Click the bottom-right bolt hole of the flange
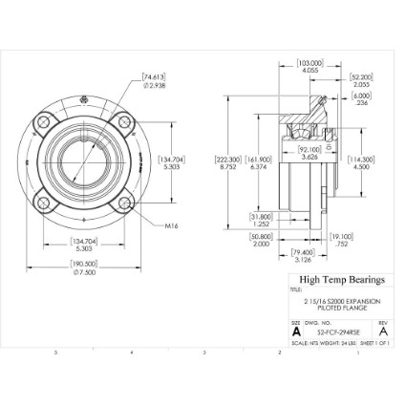pyautogui.click(x=123, y=203)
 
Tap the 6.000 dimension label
pyautogui.click(x=362, y=97)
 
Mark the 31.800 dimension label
pyautogui.click(x=261, y=219)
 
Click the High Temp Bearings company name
pyautogui.click(x=342, y=280)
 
